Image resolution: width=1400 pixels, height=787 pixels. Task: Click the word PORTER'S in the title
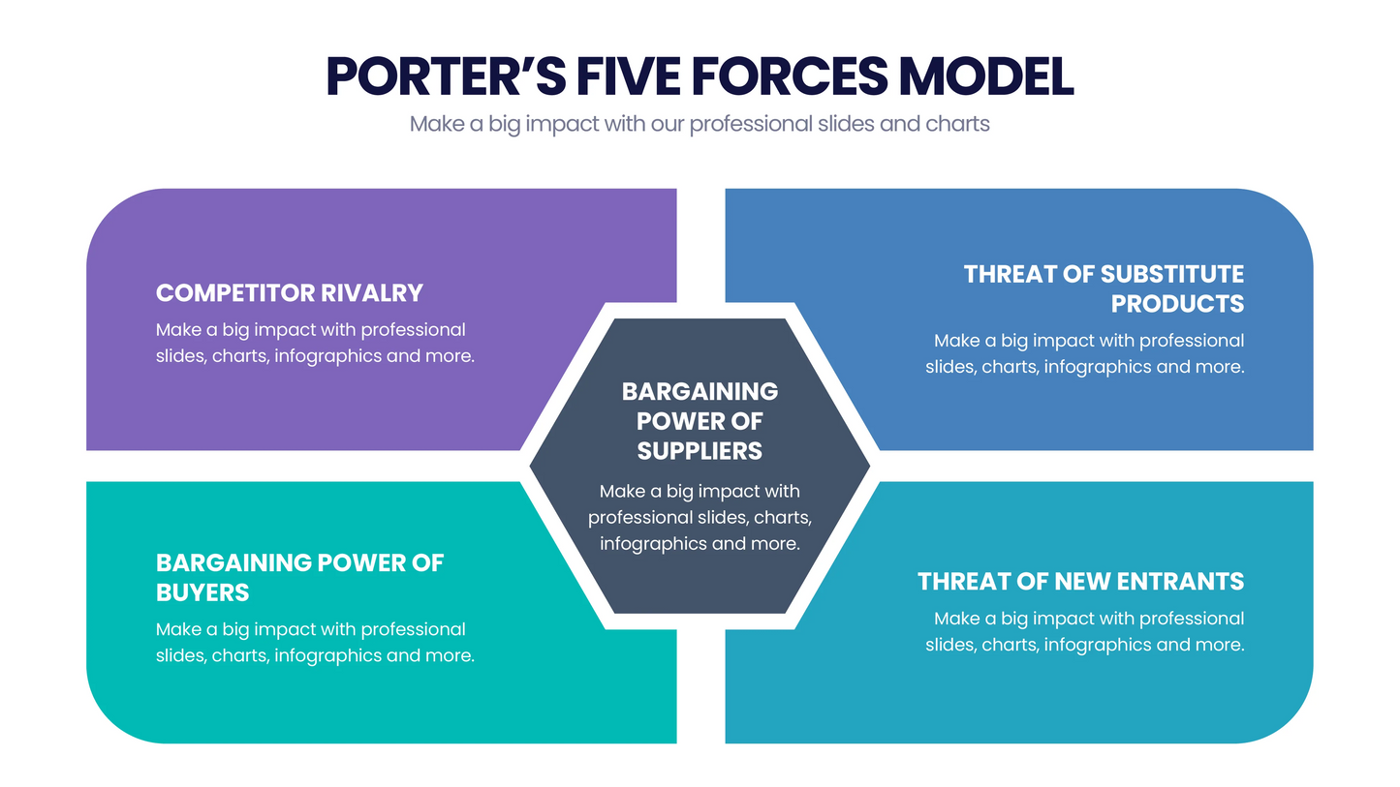click(446, 76)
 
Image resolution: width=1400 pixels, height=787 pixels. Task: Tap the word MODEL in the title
click(986, 76)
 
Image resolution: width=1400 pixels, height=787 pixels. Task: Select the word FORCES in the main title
click(789, 76)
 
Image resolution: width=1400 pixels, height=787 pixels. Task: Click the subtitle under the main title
click(700, 124)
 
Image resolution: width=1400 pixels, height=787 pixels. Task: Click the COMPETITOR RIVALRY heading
click(290, 293)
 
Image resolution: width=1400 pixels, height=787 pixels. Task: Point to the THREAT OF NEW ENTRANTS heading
click(1080, 582)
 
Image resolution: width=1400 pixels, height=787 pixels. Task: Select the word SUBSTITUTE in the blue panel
click(1172, 274)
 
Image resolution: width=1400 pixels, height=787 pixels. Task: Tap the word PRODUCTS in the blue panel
click(1177, 304)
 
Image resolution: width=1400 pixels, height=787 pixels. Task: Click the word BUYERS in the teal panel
click(202, 592)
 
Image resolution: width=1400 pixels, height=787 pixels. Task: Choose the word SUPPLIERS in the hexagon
click(700, 451)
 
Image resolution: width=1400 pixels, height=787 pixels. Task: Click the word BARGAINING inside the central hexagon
click(700, 392)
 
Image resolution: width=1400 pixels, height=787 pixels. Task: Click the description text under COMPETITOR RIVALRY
click(315, 343)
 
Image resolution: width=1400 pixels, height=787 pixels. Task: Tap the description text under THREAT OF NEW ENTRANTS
click(1084, 631)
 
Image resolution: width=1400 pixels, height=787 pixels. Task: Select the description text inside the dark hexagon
click(700, 517)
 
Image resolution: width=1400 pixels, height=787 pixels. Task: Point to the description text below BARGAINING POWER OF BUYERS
click(315, 642)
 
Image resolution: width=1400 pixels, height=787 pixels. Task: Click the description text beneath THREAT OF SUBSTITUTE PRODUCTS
click(1084, 353)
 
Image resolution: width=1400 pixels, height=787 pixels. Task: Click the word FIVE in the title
click(628, 76)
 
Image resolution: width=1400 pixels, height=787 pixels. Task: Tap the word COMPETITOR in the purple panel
click(235, 293)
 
